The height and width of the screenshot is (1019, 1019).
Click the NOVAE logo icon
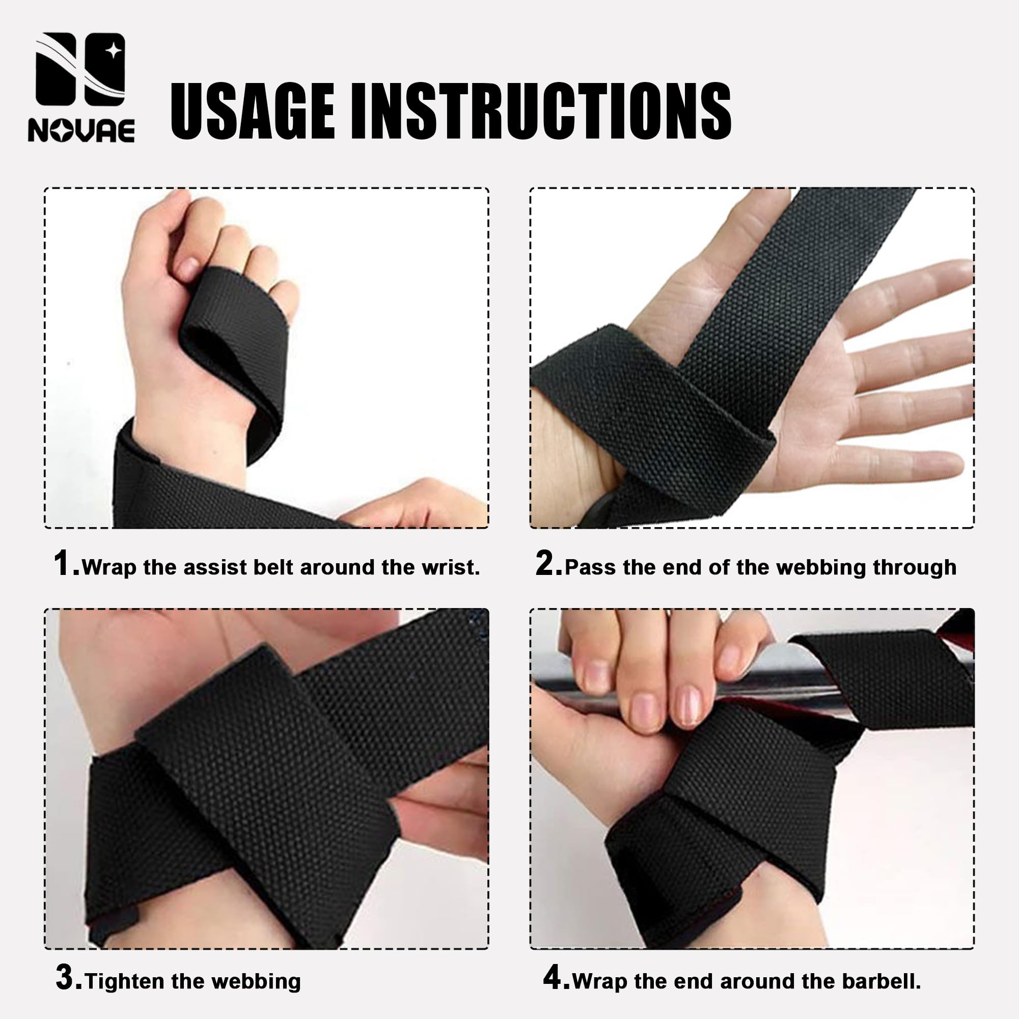point(80,69)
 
